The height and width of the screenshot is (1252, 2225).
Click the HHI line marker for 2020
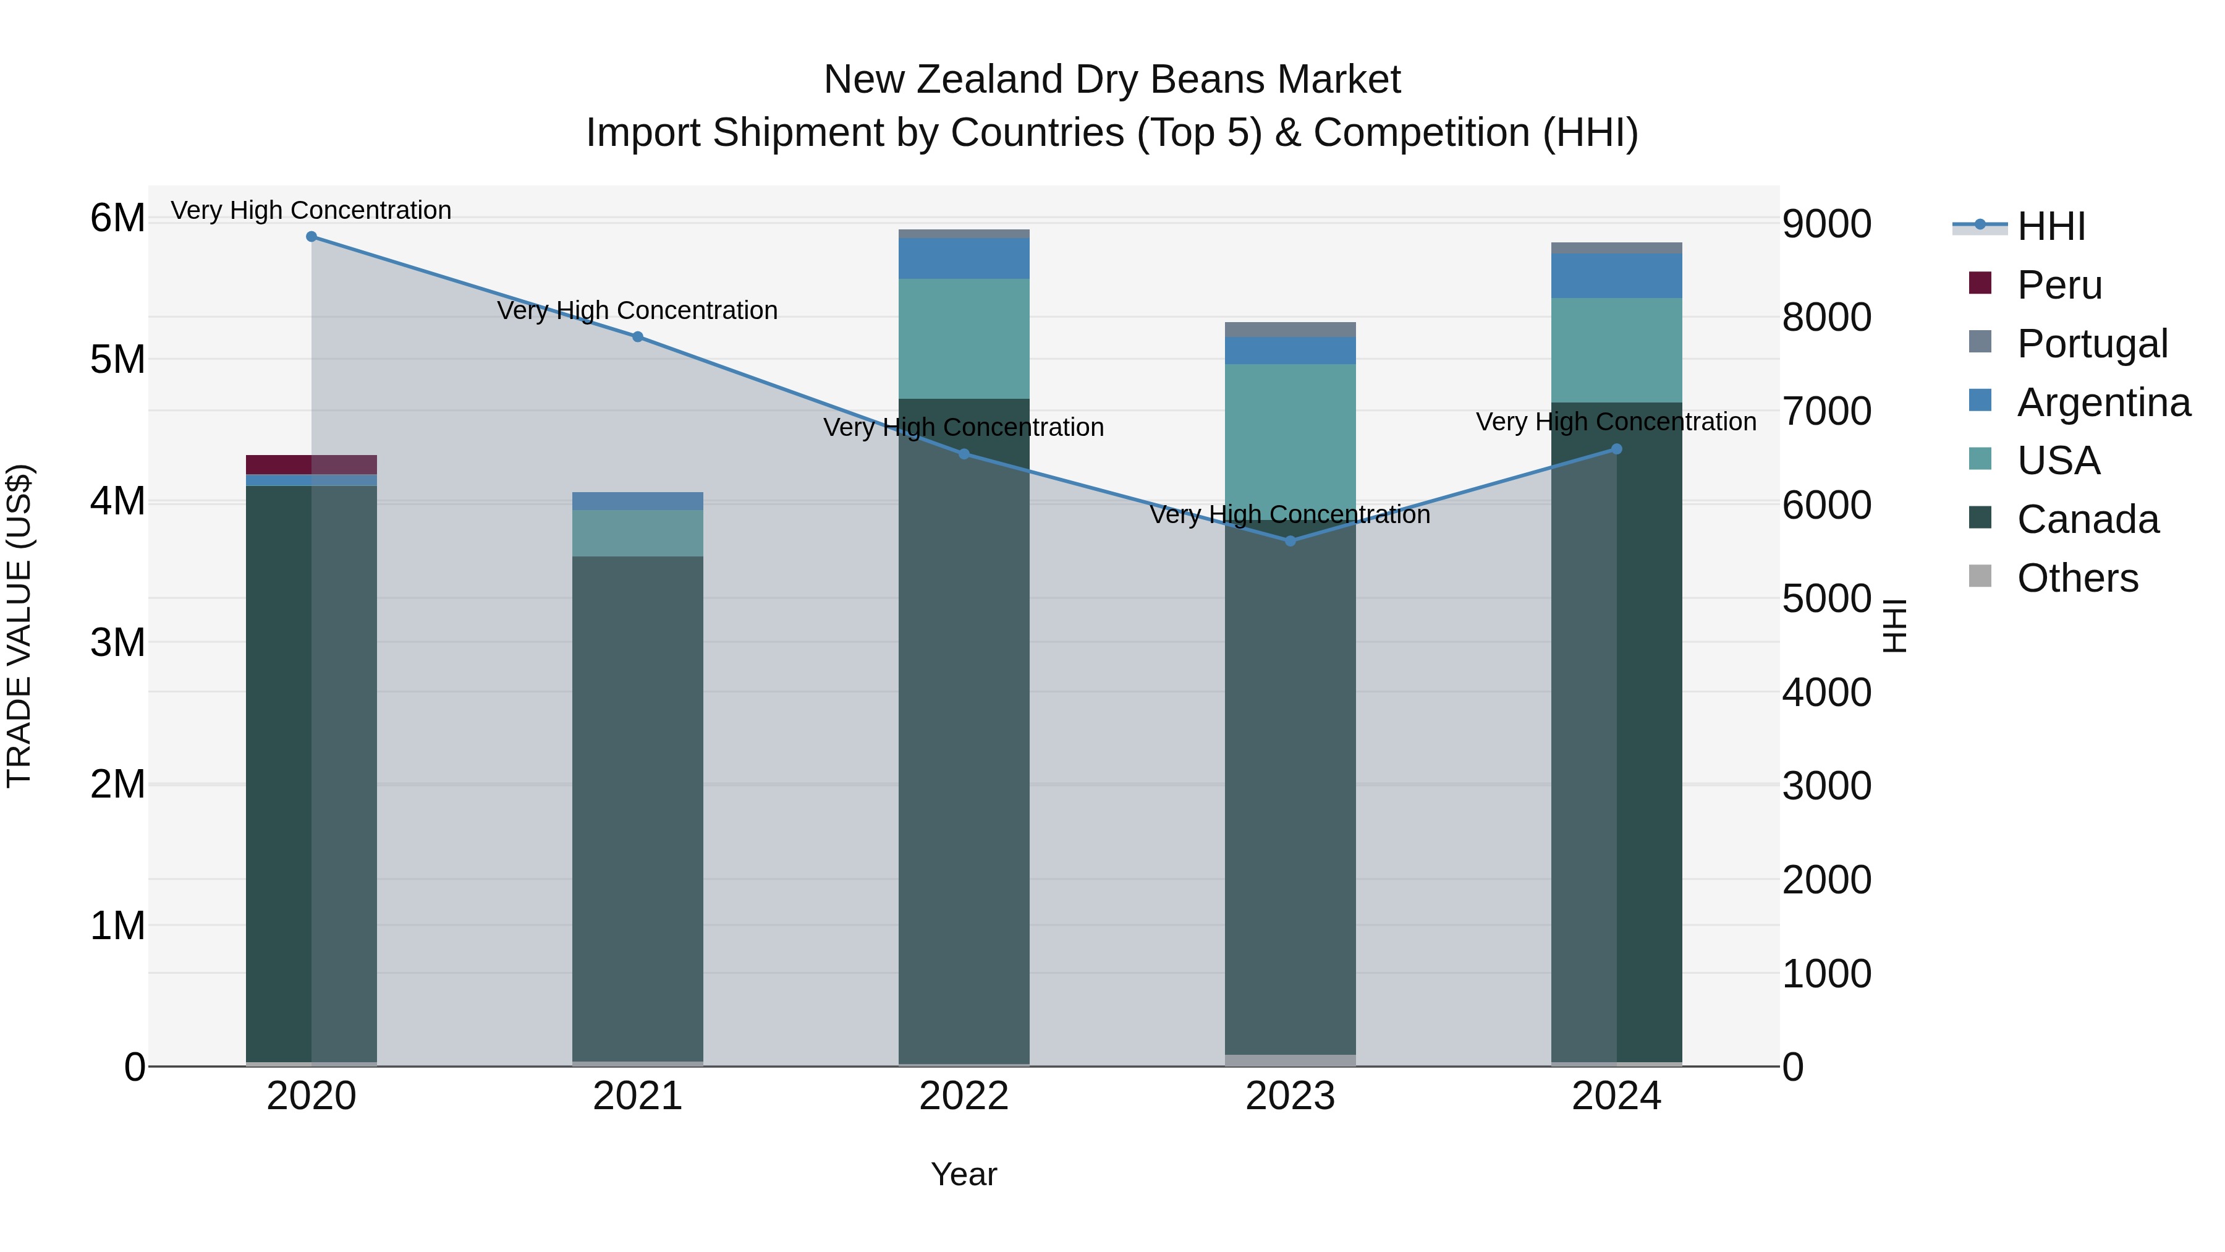coord(312,237)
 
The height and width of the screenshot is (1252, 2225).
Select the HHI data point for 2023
coord(1290,541)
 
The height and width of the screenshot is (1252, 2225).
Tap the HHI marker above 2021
coord(637,337)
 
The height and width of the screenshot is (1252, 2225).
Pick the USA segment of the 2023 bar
coord(1290,432)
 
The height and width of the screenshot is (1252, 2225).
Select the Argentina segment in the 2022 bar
coord(964,258)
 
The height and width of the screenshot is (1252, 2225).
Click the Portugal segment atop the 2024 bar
coord(1616,248)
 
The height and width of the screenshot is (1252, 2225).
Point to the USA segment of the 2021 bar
coord(637,533)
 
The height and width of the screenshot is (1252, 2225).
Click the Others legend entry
coord(2077,578)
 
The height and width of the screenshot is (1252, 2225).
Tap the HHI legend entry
coord(2051,226)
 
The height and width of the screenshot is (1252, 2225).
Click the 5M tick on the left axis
coord(117,359)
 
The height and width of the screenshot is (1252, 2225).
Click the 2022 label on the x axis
coord(964,1096)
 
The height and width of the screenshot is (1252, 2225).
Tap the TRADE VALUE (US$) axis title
coord(19,626)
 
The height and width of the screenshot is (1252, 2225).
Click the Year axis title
coord(964,1174)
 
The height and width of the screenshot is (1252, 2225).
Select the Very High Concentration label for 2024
coord(1616,422)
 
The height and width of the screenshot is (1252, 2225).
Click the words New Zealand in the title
coord(943,80)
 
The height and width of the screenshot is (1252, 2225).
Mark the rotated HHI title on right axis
coord(1894,626)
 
